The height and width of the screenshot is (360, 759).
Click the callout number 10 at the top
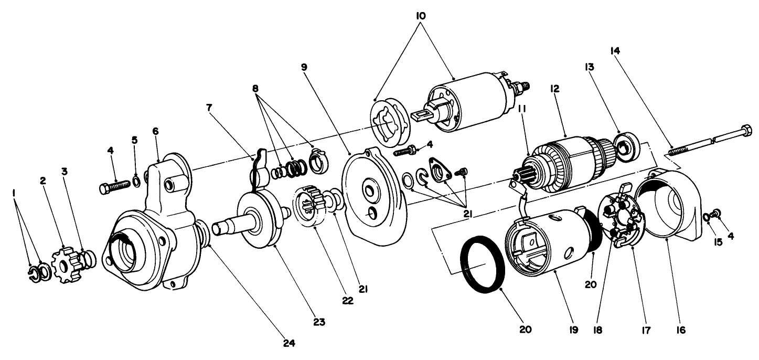tap(420, 16)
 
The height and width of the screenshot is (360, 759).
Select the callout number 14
tap(615, 50)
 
